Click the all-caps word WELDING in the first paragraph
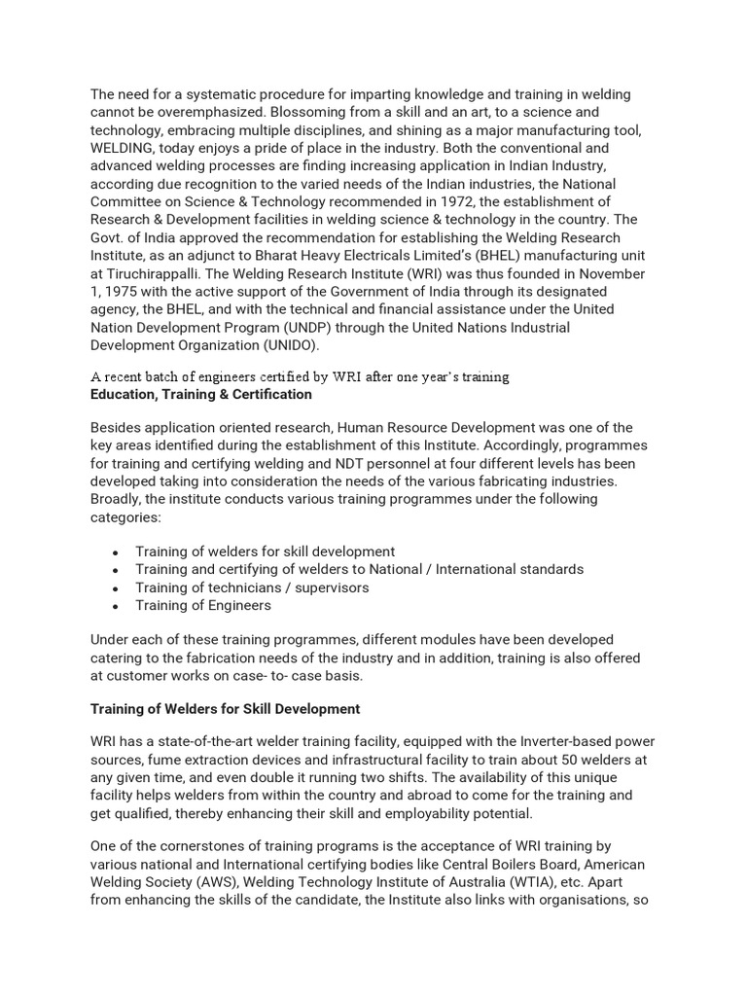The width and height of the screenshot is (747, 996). [x=125, y=148]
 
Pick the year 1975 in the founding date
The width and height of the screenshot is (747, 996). [x=125, y=292]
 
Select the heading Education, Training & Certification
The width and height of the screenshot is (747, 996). [x=201, y=394]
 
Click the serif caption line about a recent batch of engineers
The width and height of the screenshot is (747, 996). [x=300, y=376]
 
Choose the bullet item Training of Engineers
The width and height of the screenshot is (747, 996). [x=203, y=605]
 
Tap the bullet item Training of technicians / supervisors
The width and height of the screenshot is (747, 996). [x=252, y=587]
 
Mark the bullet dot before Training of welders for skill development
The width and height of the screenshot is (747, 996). [x=115, y=552]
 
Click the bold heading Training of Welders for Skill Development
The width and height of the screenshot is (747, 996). [x=225, y=709]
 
